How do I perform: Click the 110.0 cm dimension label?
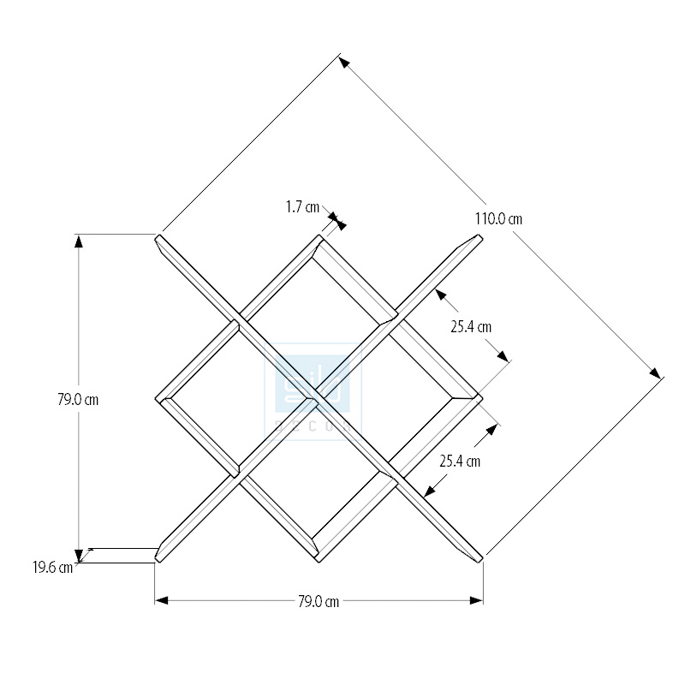(x=498, y=218)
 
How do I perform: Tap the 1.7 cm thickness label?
(x=302, y=206)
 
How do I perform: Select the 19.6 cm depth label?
(x=52, y=566)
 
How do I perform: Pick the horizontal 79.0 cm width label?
(x=319, y=601)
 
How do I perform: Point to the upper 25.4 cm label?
(x=472, y=326)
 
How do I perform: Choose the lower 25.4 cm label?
(x=460, y=461)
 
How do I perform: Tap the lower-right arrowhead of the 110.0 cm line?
(x=657, y=373)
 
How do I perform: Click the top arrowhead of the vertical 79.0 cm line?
(x=79, y=241)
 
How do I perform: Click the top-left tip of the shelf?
(x=157, y=237)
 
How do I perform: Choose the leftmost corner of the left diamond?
(x=158, y=399)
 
